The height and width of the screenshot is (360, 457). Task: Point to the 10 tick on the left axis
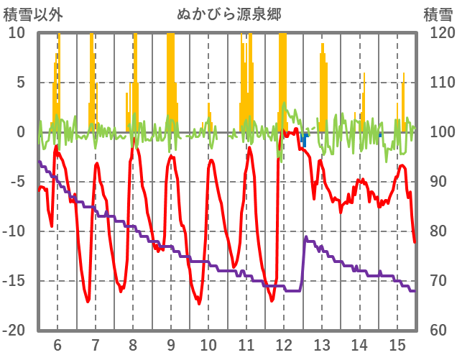click(17, 33)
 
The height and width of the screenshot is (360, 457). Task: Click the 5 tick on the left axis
click(21, 83)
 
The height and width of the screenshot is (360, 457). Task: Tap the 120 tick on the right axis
click(438, 33)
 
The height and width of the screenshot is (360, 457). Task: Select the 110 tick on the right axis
click(438, 83)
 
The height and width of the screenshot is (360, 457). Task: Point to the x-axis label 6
click(57, 344)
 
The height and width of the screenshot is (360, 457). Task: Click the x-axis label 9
click(170, 344)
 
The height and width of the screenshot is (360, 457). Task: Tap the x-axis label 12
click(284, 344)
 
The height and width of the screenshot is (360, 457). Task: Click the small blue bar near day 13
click(305, 139)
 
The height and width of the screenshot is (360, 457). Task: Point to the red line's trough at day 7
click(88, 301)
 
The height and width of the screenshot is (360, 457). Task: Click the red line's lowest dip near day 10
click(198, 303)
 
